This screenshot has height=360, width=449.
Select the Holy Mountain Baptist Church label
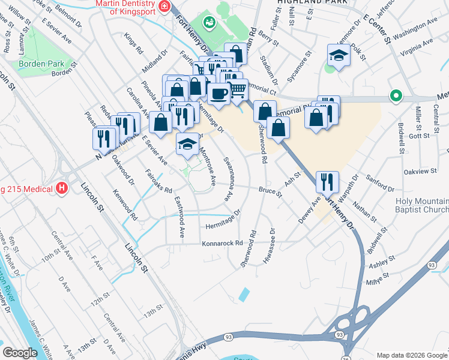(x=422, y=205)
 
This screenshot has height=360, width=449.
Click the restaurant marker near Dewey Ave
(x=327, y=181)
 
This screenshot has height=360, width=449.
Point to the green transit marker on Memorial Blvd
(x=395, y=95)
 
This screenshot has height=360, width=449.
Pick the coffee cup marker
(x=218, y=93)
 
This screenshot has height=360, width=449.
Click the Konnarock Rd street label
(x=221, y=244)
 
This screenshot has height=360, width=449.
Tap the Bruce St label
(x=270, y=191)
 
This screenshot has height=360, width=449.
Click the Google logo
(x=20, y=353)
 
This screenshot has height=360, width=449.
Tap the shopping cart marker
(x=238, y=89)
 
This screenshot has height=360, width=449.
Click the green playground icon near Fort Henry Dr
(x=208, y=23)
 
